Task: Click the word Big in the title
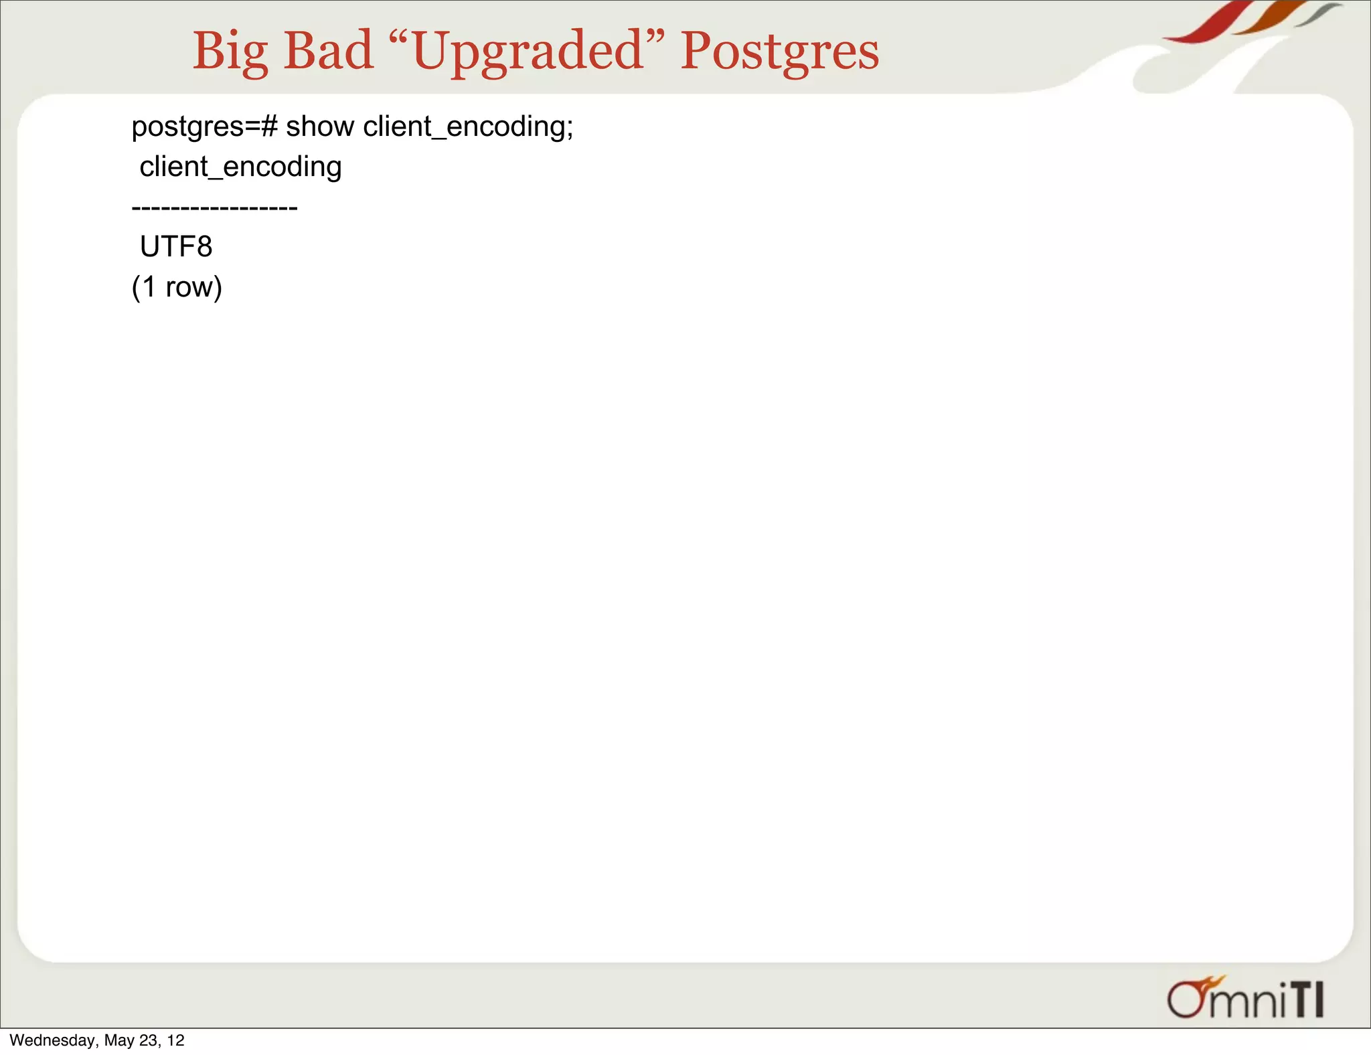click(230, 52)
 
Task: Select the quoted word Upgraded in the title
click(528, 52)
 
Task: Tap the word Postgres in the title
click(779, 52)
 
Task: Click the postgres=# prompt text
click(204, 127)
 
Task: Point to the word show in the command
click(320, 127)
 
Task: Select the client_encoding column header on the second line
click(240, 167)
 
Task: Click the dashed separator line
click(214, 208)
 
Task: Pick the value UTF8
click(176, 247)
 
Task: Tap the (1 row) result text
click(177, 287)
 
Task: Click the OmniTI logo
click(1245, 999)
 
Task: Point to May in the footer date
click(119, 1040)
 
